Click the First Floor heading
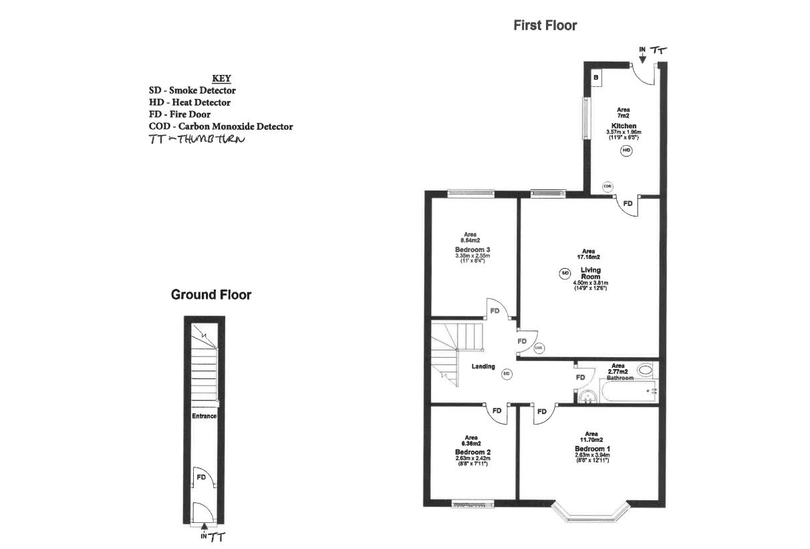pyautogui.click(x=545, y=25)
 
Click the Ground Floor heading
pyautogui.click(x=211, y=295)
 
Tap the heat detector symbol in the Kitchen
pyautogui.click(x=626, y=151)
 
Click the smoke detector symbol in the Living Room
pyautogui.click(x=565, y=273)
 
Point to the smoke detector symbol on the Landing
pyautogui.click(x=507, y=374)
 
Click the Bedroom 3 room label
pyautogui.click(x=468, y=249)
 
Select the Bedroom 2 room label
pyautogui.click(x=472, y=452)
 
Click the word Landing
pyautogui.click(x=483, y=366)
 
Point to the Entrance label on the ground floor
pyautogui.click(x=204, y=416)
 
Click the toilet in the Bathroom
pyautogui.click(x=646, y=368)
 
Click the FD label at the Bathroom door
pyautogui.click(x=580, y=378)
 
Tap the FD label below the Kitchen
pyautogui.click(x=628, y=203)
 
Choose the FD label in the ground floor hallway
pyautogui.click(x=200, y=477)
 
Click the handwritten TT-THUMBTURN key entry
pyautogui.click(x=197, y=139)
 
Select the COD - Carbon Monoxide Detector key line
pyautogui.click(x=221, y=126)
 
